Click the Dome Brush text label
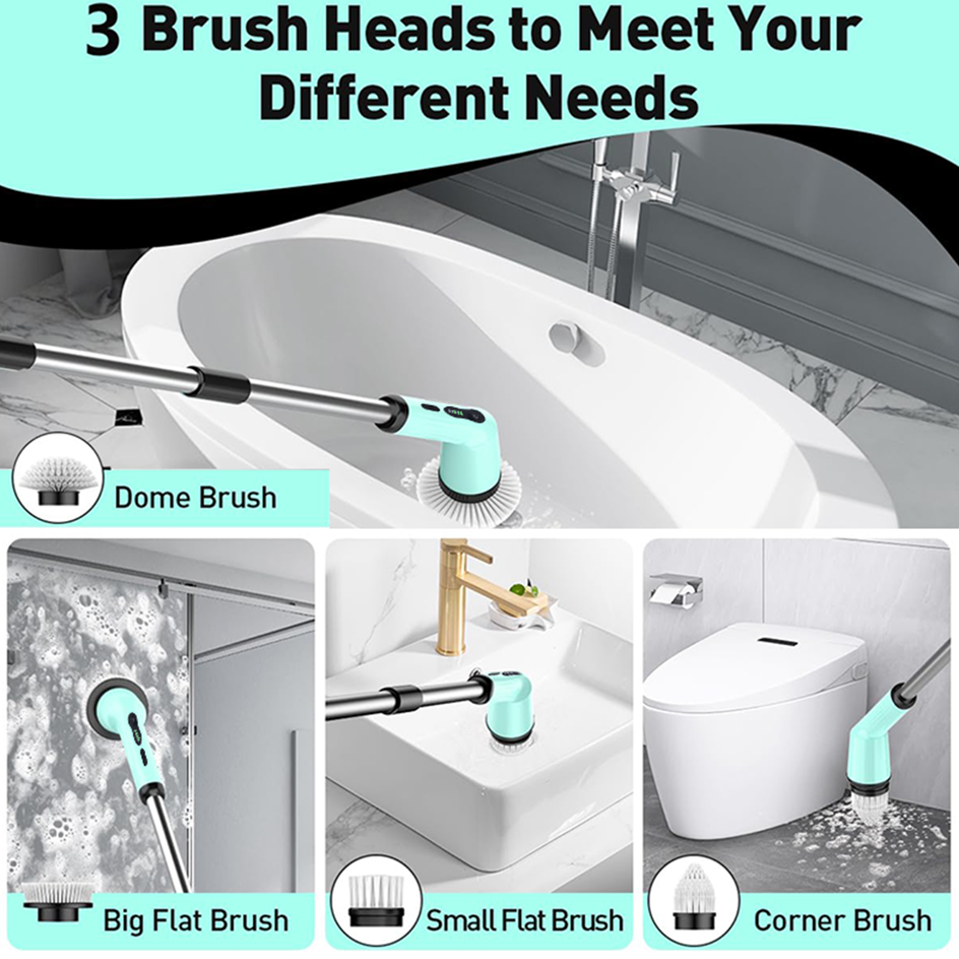(x=195, y=497)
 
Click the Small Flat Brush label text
(x=524, y=920)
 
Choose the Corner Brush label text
(x=842, y=920)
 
